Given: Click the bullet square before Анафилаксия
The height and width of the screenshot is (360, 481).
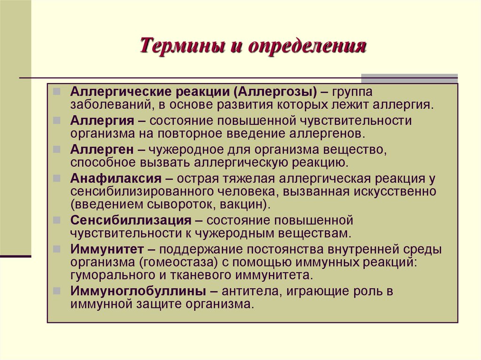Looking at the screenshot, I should coord(56,179).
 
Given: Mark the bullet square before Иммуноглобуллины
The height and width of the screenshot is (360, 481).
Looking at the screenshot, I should coord(56,291).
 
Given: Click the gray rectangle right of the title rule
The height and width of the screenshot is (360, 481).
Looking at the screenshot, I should coord(409,78).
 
